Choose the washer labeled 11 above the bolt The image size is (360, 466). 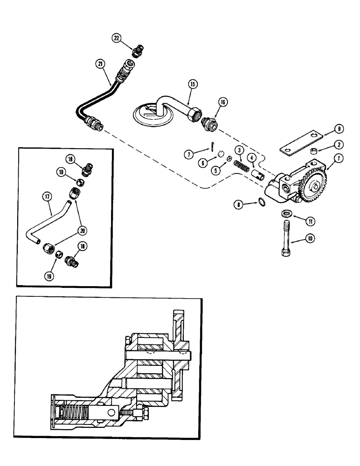[x=287, y=214]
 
